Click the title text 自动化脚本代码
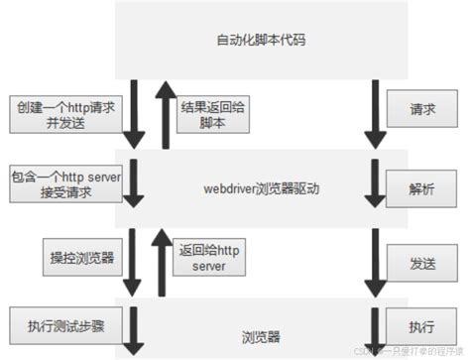[261, 41]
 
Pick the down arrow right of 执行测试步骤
[133, 330]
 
